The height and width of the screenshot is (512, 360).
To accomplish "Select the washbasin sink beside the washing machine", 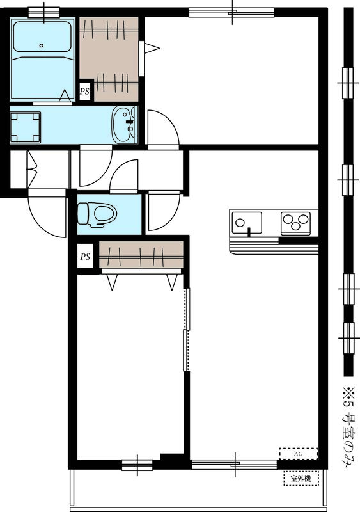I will click(x=124, y=125).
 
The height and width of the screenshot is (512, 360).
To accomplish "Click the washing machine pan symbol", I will click(x=26, y=127).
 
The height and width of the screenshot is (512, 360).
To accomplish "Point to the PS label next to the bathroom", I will click(x=84, y=92).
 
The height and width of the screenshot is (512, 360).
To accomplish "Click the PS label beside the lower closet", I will click(x=84, y=257).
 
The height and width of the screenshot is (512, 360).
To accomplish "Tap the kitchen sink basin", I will click(x=247, y=223).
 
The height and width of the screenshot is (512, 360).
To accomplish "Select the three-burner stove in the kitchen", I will click(x=295, y=223).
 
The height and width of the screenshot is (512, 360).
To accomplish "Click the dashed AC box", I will click(x=298, y=452).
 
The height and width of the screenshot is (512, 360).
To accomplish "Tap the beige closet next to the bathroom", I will click(x=109, y=54).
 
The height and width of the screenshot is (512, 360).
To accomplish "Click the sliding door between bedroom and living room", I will click(x=186, y=330).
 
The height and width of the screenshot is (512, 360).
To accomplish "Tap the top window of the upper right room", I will click(x=231, y=12).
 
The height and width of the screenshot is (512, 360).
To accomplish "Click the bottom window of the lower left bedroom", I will click(x=137, y=464).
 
